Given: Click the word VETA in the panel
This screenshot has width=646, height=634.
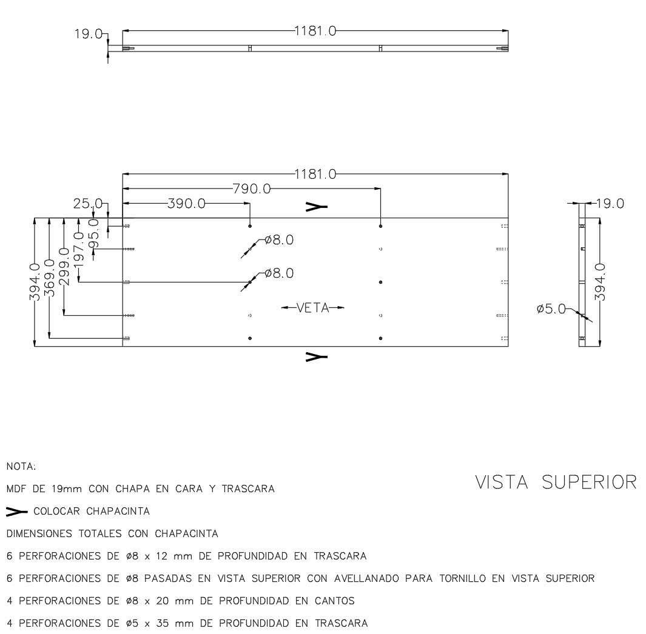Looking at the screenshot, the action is pyautogui.click(x=312, y=308).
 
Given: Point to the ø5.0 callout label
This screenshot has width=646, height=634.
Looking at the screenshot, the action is pyautogui.click(x=551, y=309).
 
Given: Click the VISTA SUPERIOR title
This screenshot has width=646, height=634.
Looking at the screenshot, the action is pyautogui.click(x=556, y=482).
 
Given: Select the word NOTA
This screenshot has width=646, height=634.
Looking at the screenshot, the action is pyautogui.click(x=21, y=467).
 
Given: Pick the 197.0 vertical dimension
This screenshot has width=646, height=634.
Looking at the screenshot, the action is pyautogui.click(x=78, y=249).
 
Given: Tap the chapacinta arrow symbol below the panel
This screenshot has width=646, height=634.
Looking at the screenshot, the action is pyautogui.click(x=317, y=356).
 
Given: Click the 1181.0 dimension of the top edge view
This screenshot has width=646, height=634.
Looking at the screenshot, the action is pyautogui.click(x=315, y=31).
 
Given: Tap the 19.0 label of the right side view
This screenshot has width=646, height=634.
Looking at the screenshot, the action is pyautogui.click(x=610, y=204).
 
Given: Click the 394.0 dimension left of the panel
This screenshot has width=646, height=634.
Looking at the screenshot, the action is pyautogui.click(x=36, y=282).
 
